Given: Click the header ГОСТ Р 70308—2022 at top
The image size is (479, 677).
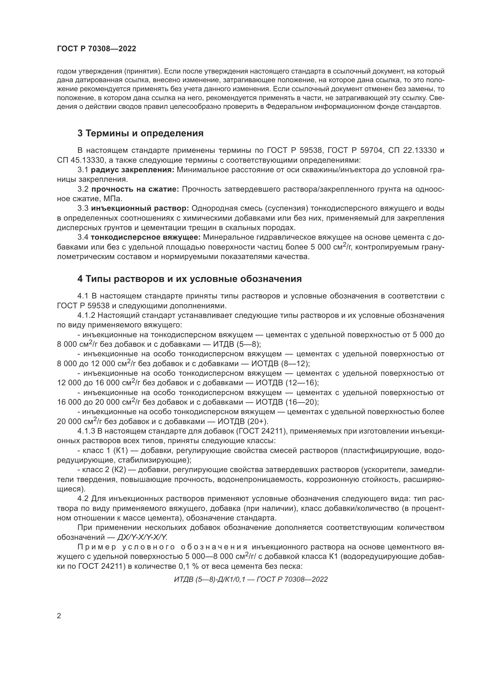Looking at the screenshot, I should [96, 49].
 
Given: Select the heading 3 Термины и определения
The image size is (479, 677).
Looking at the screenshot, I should [140, 133].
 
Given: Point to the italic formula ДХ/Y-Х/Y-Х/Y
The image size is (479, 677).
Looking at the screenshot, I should [142, 537].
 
